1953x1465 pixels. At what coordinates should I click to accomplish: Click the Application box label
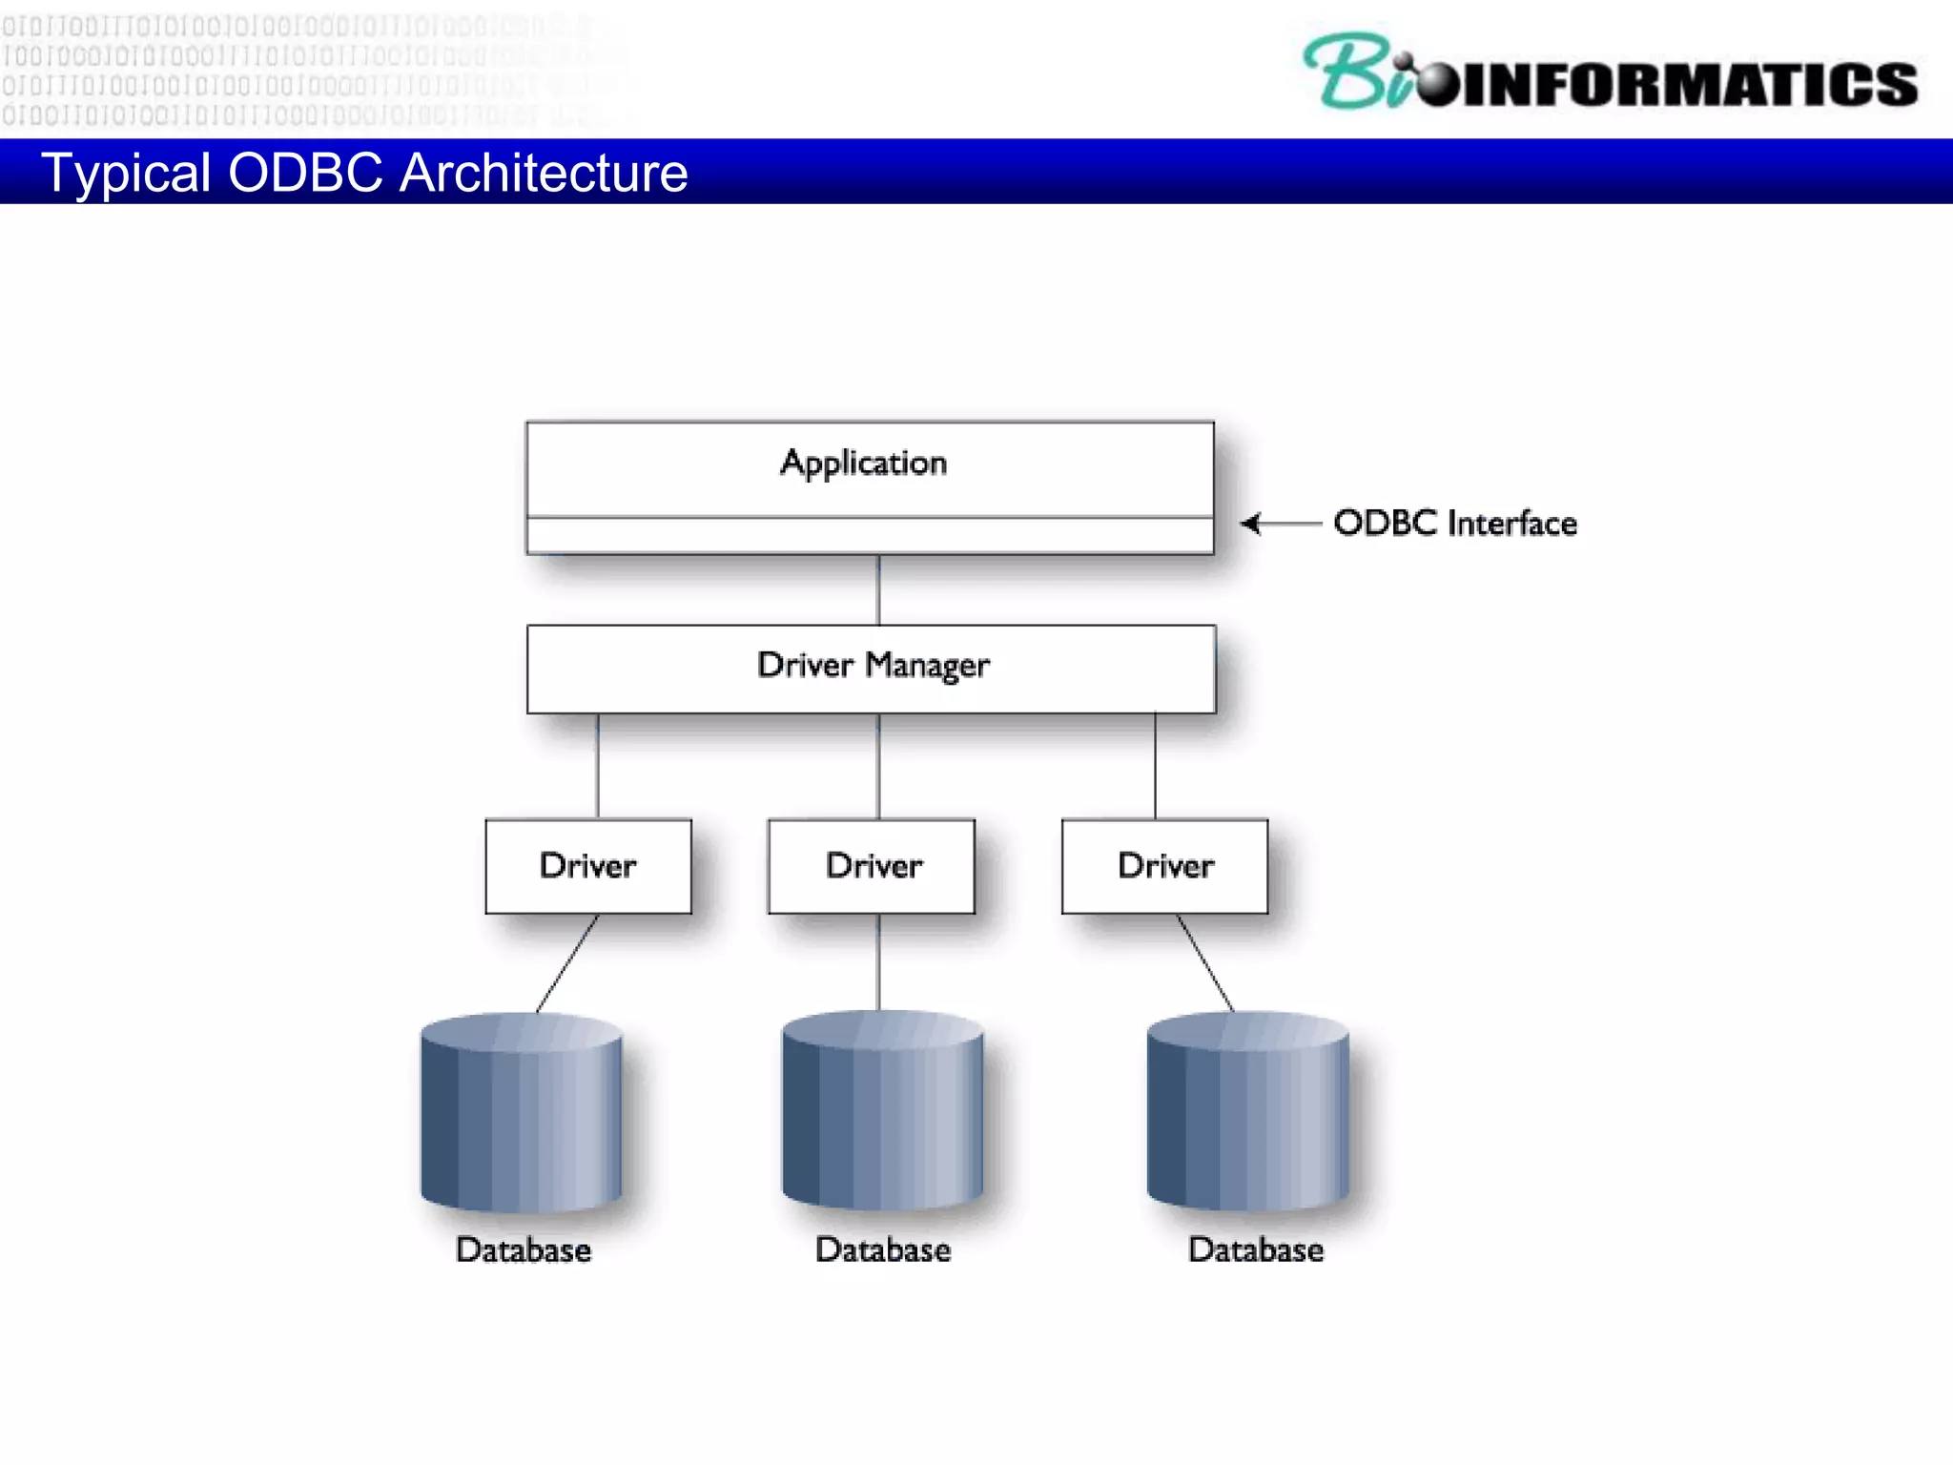pyautogui.click(x=863, y=463)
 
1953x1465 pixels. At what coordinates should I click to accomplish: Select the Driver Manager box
pyautogui.click(x=871, y=668)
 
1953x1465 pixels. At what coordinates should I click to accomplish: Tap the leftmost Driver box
pyautogui.click(x=588, y=866)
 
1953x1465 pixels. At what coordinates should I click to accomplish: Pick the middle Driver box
pyautogui.click(x=872, y=866)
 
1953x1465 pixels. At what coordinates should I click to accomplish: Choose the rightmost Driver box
pyautogui.click(x=1164, y=866)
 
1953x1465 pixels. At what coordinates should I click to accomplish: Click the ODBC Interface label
pyautogui.click(x=1455, y=523)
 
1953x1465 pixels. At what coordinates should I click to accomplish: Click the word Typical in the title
pyautogui.click(x=126, y=174)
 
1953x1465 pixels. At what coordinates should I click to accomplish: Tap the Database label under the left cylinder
pyautogui.click(x=524, y=1249)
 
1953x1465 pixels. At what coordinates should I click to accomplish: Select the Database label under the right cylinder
pyautogui.click(x=1256, y=1249)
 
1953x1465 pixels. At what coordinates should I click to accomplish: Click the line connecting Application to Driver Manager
pyautogui.click(x=878, y=589)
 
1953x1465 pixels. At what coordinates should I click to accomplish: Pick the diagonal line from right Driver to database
pyautogui.click(x=1205, y=963)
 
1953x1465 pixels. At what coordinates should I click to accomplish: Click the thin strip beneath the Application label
pyautogui.click(x=870, y=536)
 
